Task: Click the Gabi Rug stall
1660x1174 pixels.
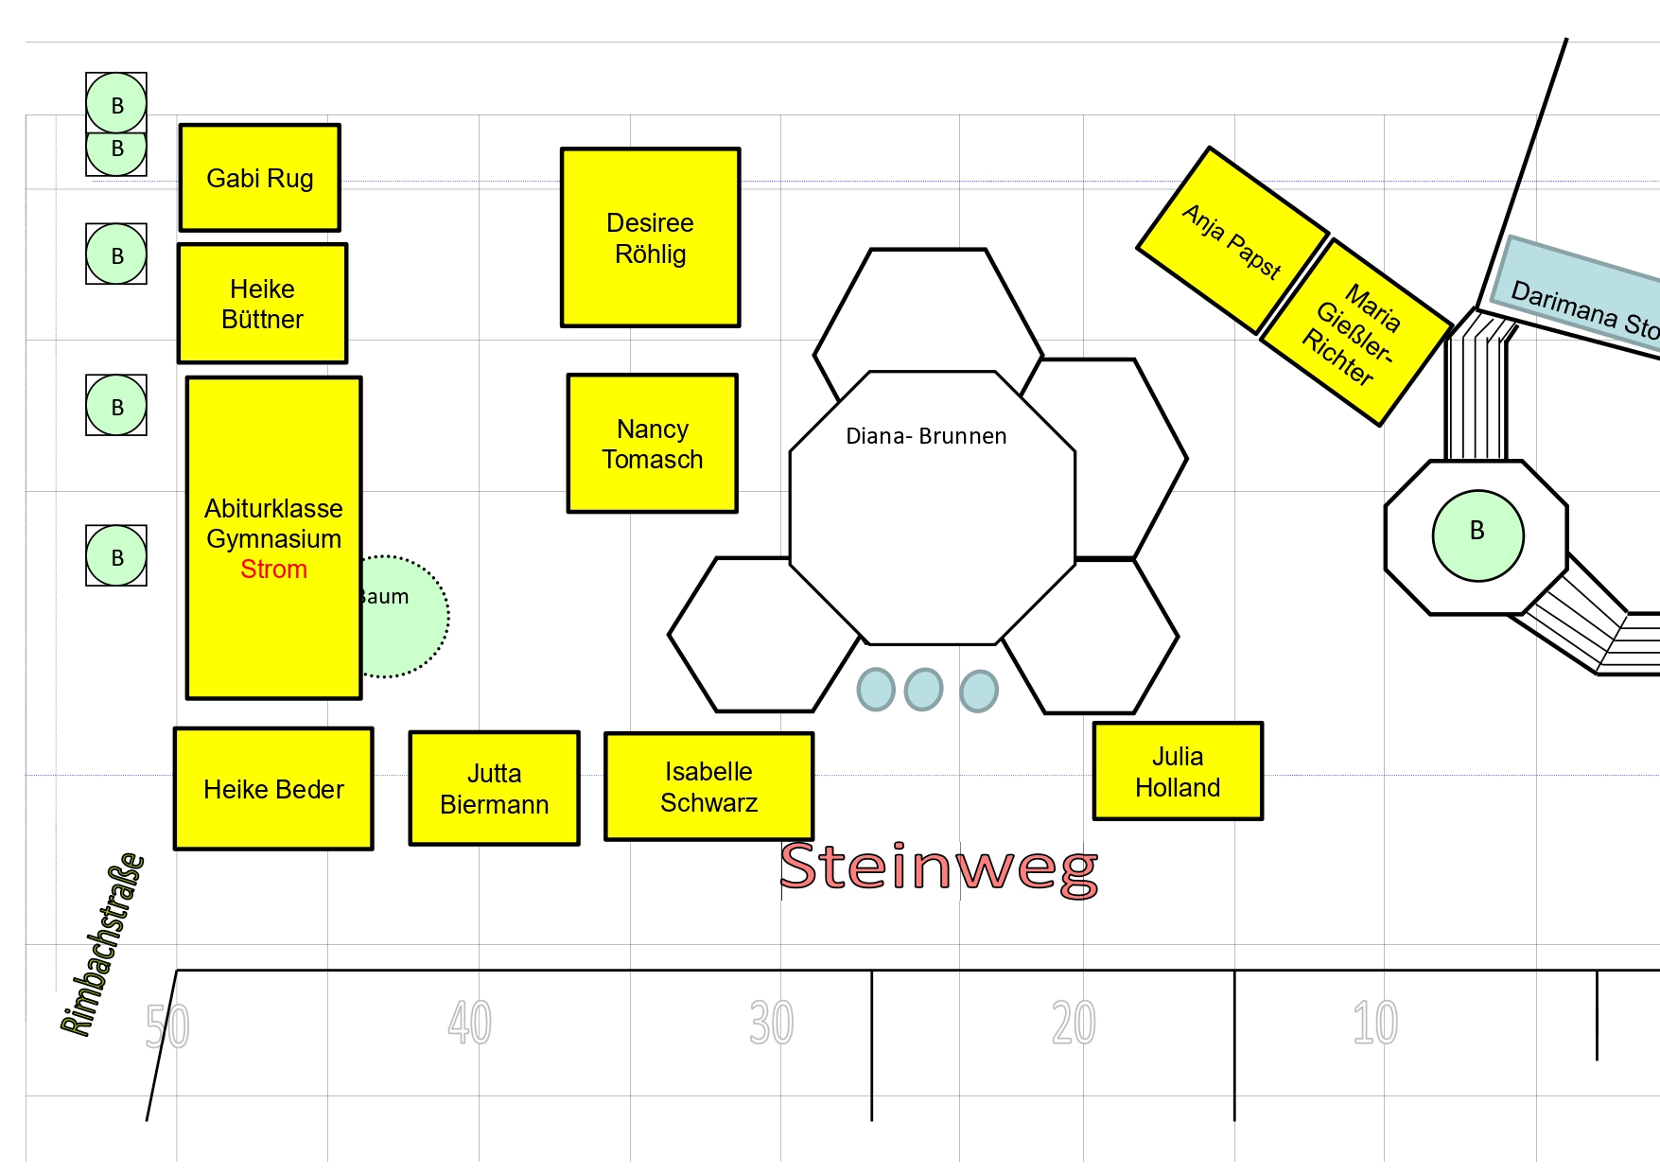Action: pyautogui.click(x=260, y=178)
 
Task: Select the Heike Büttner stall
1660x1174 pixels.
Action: pyautogui.click(x=262, y=304)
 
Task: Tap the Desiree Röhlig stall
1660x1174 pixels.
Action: pyautogui.click(x=650, y=237)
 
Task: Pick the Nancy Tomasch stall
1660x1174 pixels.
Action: pyautogui.click(x=652, y=444)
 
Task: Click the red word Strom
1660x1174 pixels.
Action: pyautogui.click(x=273, y=569)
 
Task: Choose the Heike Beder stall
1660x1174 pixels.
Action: pyautogui.click(x=273, y=789)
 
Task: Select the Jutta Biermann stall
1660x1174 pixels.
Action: pyautogui.click(x=494, y=788)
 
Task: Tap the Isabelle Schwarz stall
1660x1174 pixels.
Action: pyautogui.click(x=708, y=786)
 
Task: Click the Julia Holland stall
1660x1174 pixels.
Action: pyautogui.click(x=1178, y=771)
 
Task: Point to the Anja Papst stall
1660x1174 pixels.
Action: pyautogui.click(x=1232, y=240)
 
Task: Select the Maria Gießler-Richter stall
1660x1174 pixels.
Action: pyautogui.click(x=1355, y=332)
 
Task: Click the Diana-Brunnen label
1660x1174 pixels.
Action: pyautogui.click(x=926, y=436)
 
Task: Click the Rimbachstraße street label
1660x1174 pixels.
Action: pyautogui.click(x=102, y=945)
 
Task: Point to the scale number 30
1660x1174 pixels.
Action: pyautogui.click(x=771, y=1024)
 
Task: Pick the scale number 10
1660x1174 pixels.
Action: pyautogui.click(x=1374, y=1024)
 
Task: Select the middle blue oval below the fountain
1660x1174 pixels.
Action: pyautogui.click(x=923, y=689)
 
